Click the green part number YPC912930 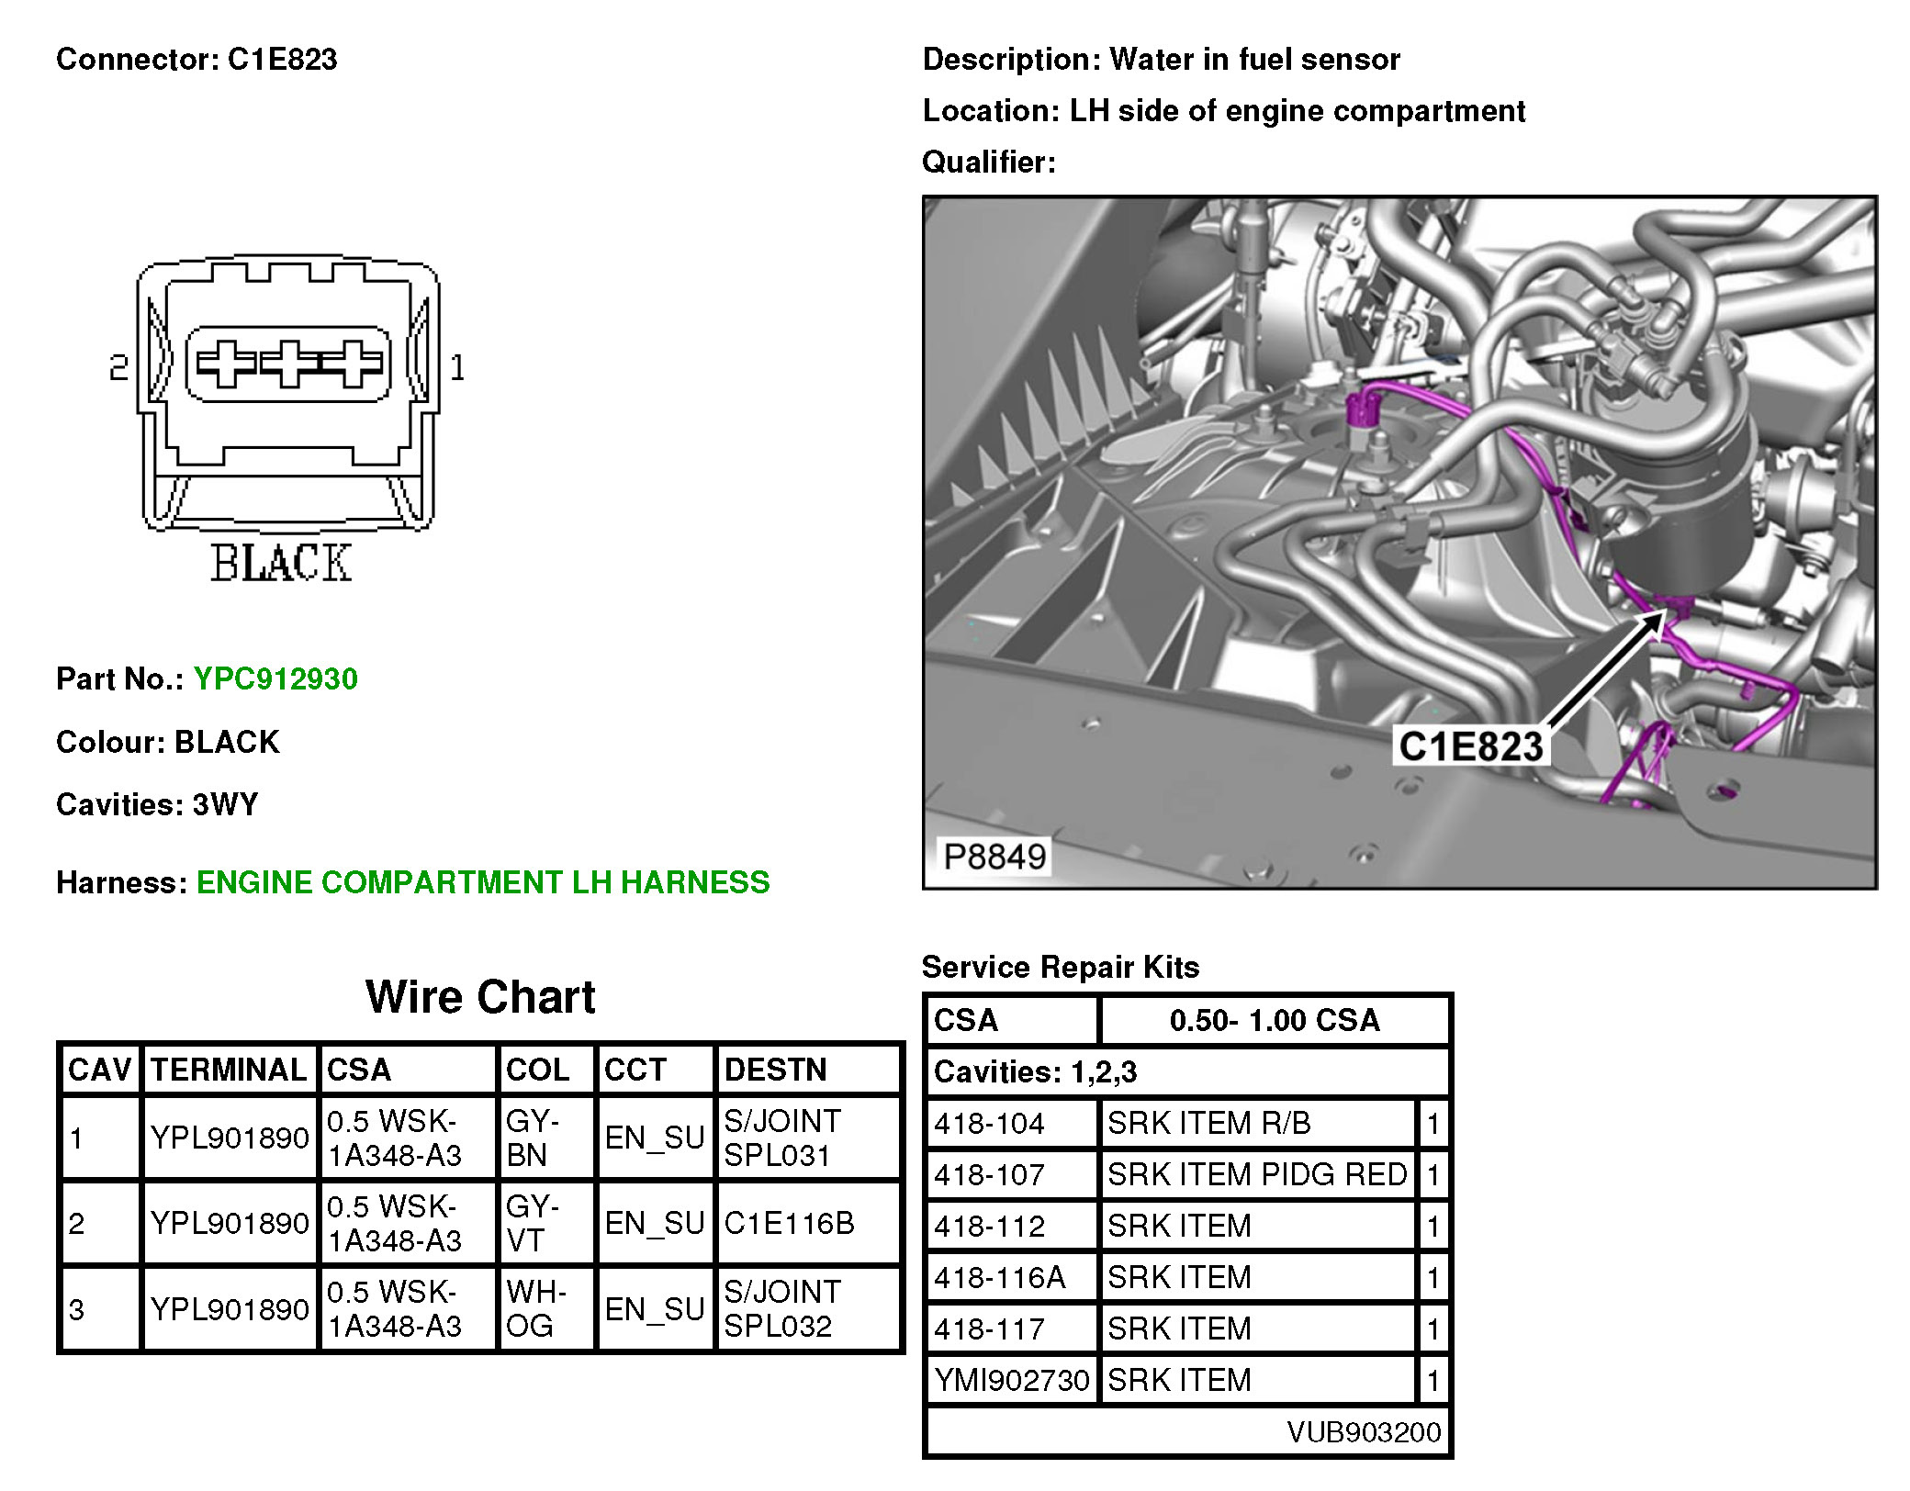pyautogui.click(x=275, y=679)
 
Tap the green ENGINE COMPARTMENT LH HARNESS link pyautogui.click(x=483, y=882)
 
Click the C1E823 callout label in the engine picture pyautogui.click(x=1470, y=746)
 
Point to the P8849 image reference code pyautogui.click(x=994, y=857)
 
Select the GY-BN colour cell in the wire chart pyautogui.click(x=532, y=1138)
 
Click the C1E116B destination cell pyautogui.click(x=789, y=1223)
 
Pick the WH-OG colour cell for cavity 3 pyautogui.click(x=535, y=1308)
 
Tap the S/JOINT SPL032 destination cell pyautogui.click(x=781, y=1308)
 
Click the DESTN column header pyautogui.click(x=775, y=1070)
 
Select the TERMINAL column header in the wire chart pyautogui.click(x=229, y=1070)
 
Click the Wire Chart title pyautogui.click(x=480, y=997)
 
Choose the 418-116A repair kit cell pyautogui.click(x=1000, y=1277)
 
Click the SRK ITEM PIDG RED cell pyautogui.click(x=1256, y=1174)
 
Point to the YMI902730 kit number pyautogui.click(x=1011, y=1380)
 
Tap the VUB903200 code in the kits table pyautogui.click(x=1364, y=1431)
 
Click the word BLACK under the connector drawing pyautogui.click(x=281, y=564)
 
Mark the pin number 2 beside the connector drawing pyautogui.click(x=118, y=368)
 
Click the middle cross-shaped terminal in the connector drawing pyautogui.click(x=289, y=364)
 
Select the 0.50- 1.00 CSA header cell pyautogui.click(x=1274, y=1020)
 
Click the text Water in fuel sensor pyautogui.click(x=1254, y=60)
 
